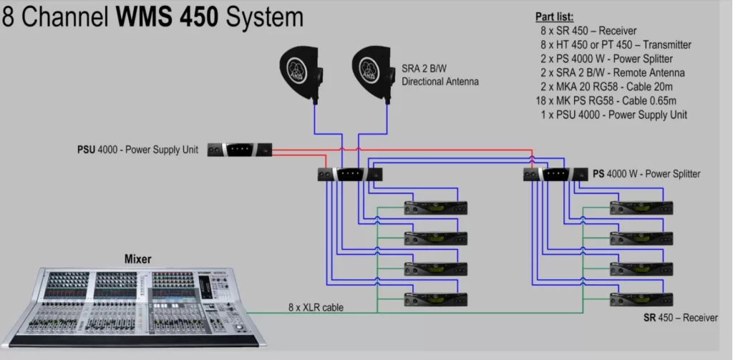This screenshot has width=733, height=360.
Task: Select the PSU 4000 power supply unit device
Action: [240, 150]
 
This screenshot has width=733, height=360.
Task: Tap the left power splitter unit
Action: [350, 175]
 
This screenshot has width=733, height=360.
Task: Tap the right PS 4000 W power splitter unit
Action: [555, 175]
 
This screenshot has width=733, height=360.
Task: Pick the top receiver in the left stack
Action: [436, 208]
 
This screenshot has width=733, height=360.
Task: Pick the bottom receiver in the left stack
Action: [436, 299]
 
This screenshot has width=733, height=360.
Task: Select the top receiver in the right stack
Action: [641, 208]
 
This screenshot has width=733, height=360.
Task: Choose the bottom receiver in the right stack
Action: [641, 299]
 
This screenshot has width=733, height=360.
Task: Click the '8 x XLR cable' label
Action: [316, 308]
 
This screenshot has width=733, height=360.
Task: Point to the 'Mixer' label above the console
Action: [138, 259]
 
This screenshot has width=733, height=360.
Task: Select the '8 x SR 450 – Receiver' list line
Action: [588, 31]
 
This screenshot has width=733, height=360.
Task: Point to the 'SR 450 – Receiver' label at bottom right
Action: [681, 318]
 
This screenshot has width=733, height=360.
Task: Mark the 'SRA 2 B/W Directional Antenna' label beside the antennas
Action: [440, 75]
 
